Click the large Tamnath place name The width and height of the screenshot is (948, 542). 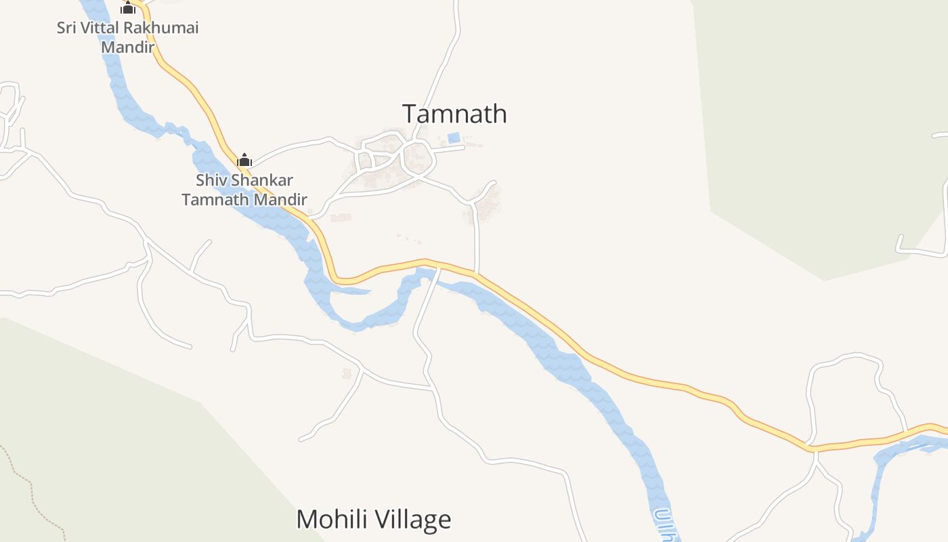point(454,114)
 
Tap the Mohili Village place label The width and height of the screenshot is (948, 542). point(373,520)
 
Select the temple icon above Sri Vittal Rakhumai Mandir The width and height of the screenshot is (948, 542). point(128,8)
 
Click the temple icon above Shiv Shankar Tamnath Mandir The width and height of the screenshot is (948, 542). point(244,161)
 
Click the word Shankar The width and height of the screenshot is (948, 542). point(261,181)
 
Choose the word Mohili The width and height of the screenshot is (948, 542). point(332,520)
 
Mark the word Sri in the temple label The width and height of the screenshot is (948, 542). point(66,28)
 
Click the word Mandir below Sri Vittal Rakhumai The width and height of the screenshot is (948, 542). point(127,47)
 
